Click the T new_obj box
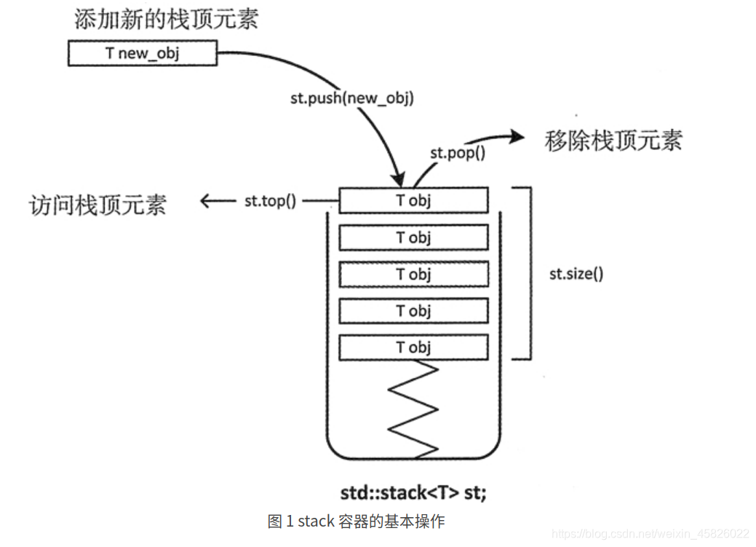pyautogui.click(x=143, y=53)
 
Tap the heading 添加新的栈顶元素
pyautogui.click(x=166, y=19)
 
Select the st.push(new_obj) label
pyautogui.click(x=351, y=98)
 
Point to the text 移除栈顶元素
pyautogui.click(x=613, y=141)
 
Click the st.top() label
pyautogui.click(x=270, y=201)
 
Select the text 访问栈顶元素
pyautogui.click(x=98, y=205)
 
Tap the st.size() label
pyautogui.click(x=576, y=275)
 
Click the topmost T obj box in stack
pyautogui.click(x=413, y=200)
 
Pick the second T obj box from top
pyautogui.click(x=413, y=237)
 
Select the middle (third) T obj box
pyautogui.click(x=413, y=275)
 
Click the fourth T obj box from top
pyautogui.click(x=413, y=311)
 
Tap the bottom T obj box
pyautogui.click(x=413, y=347)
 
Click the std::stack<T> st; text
pyautogui.click(x=413, y=493)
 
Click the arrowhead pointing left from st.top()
pyautogui.click(x=206, y=201)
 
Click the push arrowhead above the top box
pyautogui.click(x=398, y=179)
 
